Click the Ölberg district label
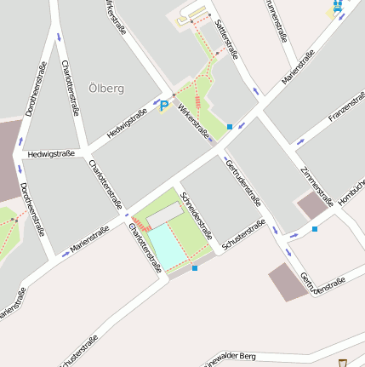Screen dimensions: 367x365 106,88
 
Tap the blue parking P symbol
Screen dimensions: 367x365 163,106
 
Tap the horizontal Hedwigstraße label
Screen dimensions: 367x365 52,154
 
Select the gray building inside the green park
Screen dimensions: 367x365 163,215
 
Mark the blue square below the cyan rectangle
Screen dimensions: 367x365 195,268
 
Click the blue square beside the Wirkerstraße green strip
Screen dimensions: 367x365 229,128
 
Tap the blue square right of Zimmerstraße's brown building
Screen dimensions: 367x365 315,229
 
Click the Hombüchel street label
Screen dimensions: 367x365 352,192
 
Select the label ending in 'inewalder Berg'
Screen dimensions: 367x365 246,357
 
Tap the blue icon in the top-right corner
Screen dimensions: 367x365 337,7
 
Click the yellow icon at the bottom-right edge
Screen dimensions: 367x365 342,362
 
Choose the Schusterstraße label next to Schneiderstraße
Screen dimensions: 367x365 243,234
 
